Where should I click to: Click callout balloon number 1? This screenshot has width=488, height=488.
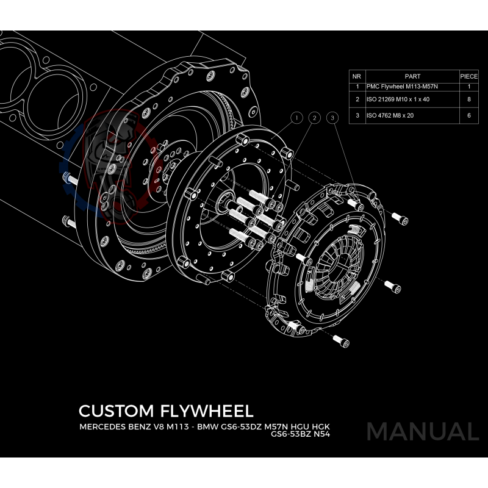coord(296,117)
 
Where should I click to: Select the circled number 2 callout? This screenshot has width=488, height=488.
coord(314,117)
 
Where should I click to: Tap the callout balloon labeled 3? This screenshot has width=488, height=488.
coord(332,117)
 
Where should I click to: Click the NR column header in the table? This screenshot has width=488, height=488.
coord(356,77)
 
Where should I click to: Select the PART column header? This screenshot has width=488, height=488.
coord(412,77)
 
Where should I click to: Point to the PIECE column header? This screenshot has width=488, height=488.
coord(468,77)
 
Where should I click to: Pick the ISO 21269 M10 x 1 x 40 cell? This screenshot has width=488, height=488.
coord(397,99)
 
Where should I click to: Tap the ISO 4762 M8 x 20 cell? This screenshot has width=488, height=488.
coord(390,115)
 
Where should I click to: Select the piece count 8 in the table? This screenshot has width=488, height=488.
coord(468,99)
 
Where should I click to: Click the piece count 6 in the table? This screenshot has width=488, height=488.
coord(468,115)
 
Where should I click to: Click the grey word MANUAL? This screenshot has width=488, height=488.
coord(422,431)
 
